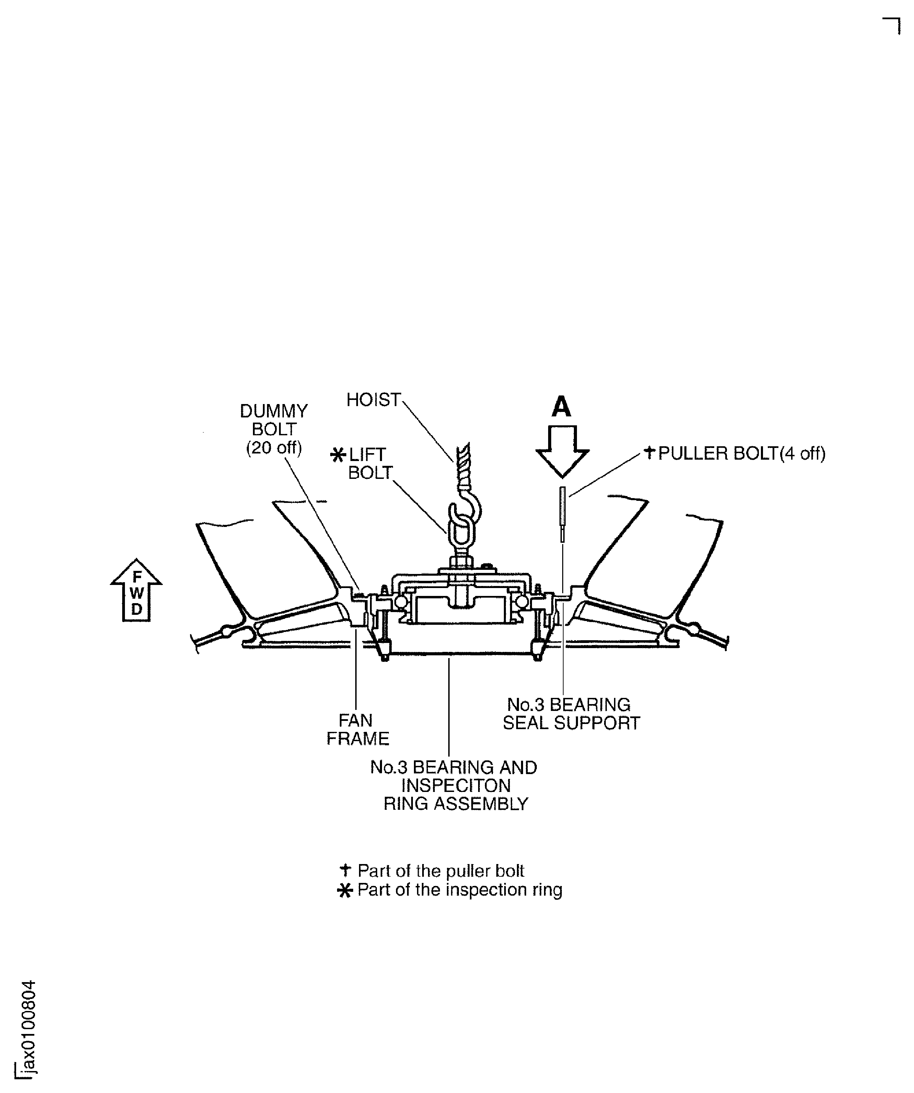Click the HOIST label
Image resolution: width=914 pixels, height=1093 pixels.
373,400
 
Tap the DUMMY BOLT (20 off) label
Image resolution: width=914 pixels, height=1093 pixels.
274,429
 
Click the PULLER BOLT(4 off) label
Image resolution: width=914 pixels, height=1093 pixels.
742,453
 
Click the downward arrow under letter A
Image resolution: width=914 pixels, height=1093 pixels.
563,450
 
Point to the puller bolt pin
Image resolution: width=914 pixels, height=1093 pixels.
563,513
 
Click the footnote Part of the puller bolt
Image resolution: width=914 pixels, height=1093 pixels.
441,871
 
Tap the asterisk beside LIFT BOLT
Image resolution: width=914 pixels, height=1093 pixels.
338,456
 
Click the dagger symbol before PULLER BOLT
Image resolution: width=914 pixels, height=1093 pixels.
649,452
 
